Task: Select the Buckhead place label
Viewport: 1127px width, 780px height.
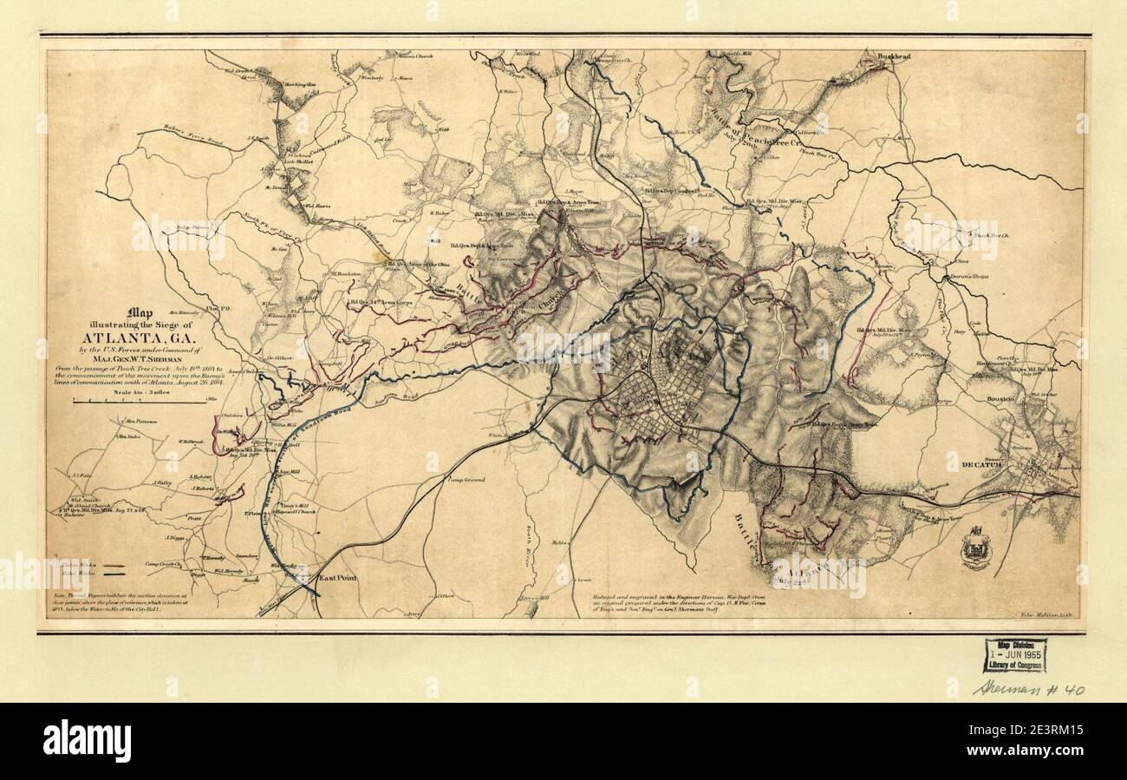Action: pos(894,56)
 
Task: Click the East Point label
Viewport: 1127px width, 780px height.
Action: pos(338,578)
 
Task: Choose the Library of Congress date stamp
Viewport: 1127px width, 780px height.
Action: pos(1014,655)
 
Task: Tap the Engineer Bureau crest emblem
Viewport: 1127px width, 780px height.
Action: pos(975,548)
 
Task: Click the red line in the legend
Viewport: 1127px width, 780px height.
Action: pos(111,574)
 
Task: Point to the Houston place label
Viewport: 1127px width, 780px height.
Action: pos(1000,399)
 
